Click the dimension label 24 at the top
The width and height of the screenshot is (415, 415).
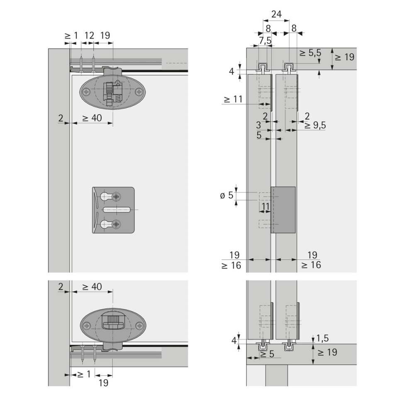276,14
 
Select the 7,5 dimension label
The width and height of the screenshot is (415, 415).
265,41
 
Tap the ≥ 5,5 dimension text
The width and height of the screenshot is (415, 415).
310,53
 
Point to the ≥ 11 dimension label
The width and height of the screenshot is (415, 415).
233,99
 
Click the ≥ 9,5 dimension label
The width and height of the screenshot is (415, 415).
315,125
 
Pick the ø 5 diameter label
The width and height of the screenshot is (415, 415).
227,195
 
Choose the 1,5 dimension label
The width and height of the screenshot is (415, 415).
322,338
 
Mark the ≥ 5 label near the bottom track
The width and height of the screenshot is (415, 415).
267,354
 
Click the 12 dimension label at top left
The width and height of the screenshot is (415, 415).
89,35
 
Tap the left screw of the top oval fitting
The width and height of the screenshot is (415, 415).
87,92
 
